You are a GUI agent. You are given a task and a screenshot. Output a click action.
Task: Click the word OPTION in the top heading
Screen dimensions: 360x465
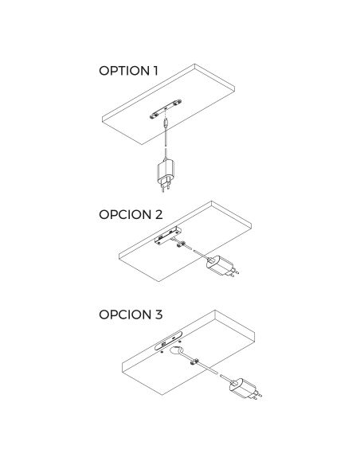[124, 71]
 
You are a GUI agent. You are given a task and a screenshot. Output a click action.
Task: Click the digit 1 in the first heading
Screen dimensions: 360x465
[155, 71]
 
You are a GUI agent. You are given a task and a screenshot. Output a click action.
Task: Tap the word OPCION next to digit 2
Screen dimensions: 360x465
[125, 215]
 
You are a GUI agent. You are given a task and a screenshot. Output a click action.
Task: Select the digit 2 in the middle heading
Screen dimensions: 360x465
[158, 215]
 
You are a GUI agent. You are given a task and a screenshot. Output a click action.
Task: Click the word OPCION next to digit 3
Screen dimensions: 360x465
[125, 315]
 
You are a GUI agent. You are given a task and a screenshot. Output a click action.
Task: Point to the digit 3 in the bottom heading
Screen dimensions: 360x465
[158, 315]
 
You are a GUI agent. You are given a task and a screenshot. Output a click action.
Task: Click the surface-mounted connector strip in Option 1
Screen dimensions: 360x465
[166, 109]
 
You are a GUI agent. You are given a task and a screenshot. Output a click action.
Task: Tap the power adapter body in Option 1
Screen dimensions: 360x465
[166, 171]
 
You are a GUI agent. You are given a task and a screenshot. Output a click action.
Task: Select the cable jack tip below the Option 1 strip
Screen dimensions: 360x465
[166, 122]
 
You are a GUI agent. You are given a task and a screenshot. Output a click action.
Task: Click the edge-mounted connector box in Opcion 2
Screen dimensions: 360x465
[167, 235]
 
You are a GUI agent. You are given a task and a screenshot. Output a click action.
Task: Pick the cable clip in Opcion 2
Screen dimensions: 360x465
[181, 244]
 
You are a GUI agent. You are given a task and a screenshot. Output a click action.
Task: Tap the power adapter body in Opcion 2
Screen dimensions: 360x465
[219, 265]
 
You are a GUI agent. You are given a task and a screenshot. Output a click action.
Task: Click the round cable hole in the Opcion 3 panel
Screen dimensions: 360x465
[176, 350]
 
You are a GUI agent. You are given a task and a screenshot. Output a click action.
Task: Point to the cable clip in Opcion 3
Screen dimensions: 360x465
[194, 361]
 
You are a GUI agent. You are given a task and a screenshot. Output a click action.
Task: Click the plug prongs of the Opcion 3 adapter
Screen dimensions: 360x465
[257, 395]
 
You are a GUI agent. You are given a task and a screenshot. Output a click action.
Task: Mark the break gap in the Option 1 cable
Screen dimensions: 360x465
[166, 147]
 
